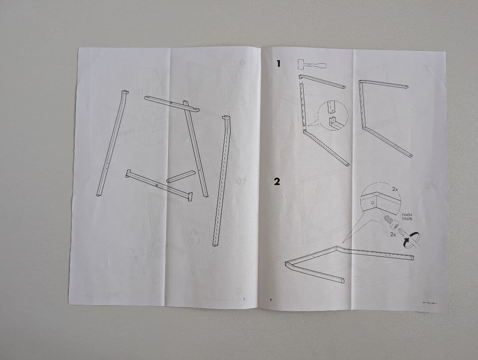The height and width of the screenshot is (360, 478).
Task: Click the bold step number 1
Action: coord(278,64)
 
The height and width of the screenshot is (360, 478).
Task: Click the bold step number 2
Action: coord(277,182)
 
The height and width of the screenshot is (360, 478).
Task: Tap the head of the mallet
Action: coord(302,64)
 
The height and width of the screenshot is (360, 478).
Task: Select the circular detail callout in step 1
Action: coord(332,116)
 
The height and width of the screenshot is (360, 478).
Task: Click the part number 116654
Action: coord(407,215)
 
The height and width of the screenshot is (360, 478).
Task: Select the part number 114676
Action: coord(407,218)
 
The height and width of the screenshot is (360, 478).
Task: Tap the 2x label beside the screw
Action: coord(393,234)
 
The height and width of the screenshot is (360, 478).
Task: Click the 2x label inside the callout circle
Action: coord(395,189)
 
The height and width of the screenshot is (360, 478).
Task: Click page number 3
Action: coord(243,298)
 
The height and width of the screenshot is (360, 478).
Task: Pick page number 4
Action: coord(271,299)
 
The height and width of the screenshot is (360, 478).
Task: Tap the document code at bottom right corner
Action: coord(433,304)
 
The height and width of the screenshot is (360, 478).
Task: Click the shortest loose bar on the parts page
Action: coord(181,176)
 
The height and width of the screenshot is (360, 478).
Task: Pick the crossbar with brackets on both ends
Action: coord(158,185)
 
